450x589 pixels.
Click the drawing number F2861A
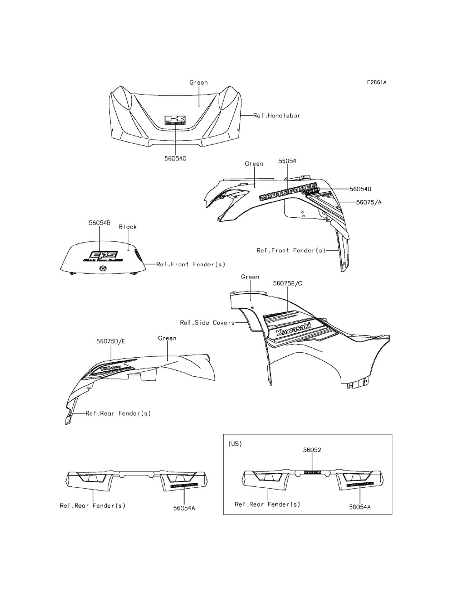[x=377, y=82]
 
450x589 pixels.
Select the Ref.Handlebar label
[x=277, y=116]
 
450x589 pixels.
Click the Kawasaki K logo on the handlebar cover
[x=175, y=120]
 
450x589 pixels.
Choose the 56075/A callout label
[x=369, y=202]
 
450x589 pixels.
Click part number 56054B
[x=99, y=222]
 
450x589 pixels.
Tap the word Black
[x=128, y=227]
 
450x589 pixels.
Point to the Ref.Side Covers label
[x=207, y=323]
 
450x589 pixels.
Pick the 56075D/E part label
[x=111, y=341]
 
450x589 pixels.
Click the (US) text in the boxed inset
[x=235, y=444]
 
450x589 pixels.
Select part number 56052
[x=312, y=450]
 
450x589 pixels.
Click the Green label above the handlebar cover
[x=198, y=82]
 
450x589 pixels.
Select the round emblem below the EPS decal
[x=103, y=269]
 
